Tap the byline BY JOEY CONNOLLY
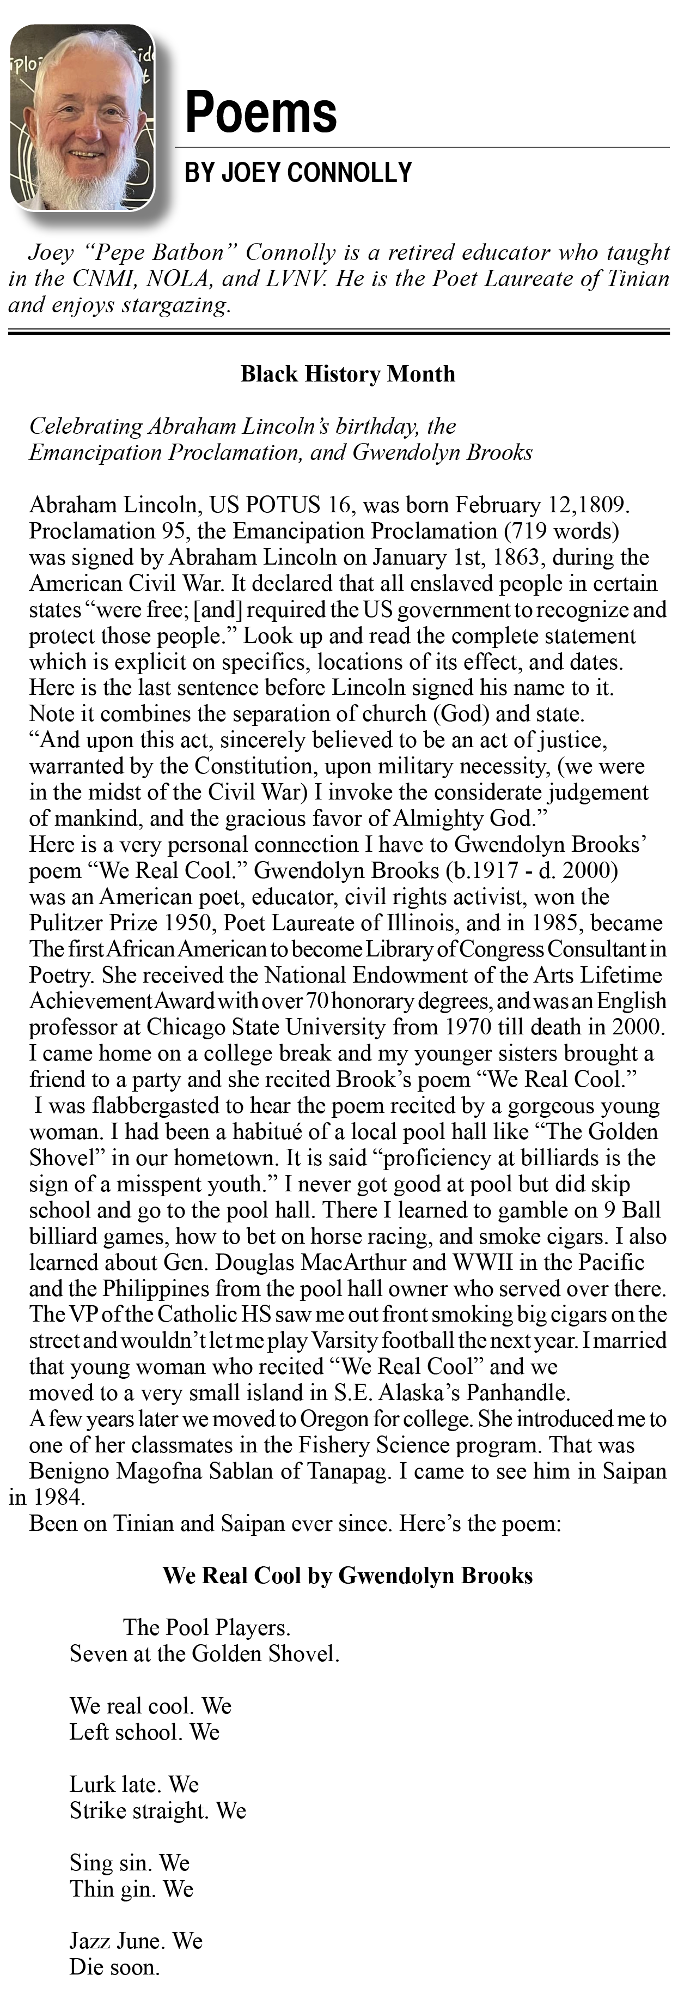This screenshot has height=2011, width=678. coord(297,173)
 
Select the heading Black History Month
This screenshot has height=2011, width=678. coord(347,374)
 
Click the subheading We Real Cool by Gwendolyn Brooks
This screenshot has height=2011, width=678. coord(347,1576)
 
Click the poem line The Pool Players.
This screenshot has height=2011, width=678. coord(207,1628)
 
